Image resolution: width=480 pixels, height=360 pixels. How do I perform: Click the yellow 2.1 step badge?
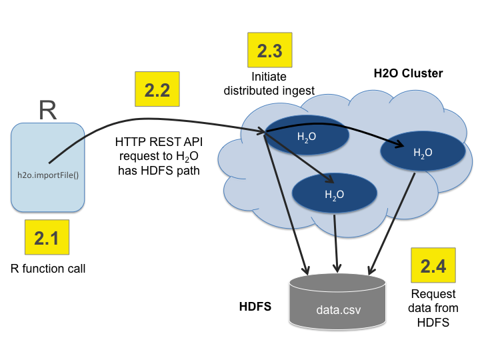[47, 237]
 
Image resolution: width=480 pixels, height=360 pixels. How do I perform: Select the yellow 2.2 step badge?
[157, 91]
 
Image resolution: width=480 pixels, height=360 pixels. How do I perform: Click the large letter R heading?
[47, 110]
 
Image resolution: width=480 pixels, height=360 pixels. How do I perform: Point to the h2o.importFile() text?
[48, 176]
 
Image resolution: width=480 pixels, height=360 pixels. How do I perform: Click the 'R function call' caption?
[48, 269]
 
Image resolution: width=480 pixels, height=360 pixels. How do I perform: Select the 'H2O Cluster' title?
[408, 73]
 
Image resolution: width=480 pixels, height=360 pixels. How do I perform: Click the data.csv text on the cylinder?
[339, 310]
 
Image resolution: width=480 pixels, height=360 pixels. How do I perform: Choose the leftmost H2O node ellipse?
[307, 136]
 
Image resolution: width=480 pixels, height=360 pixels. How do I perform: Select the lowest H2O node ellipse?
[335, 194]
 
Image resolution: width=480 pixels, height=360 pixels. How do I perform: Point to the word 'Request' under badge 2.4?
[433, 294]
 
